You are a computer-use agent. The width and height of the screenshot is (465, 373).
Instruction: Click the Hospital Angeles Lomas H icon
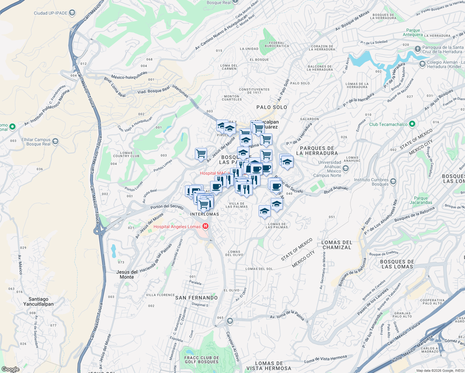205,226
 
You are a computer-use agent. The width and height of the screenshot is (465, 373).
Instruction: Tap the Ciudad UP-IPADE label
51,13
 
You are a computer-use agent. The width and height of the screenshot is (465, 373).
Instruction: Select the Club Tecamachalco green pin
412,124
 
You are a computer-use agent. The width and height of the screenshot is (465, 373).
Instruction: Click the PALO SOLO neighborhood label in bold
272,107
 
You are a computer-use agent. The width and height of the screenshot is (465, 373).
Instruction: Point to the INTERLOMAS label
205,214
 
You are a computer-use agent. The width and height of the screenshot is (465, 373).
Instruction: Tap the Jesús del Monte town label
127,274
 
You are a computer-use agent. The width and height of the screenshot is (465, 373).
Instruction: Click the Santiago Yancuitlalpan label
39,302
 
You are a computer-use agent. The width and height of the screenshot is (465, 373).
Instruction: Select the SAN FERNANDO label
196,298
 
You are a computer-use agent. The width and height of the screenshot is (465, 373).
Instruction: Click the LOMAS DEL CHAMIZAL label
337,245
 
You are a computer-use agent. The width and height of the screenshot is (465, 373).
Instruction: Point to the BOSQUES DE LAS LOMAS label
397,264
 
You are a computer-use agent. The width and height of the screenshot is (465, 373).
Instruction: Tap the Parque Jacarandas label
421,200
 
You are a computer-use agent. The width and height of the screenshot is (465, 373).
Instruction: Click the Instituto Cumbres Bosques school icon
393,182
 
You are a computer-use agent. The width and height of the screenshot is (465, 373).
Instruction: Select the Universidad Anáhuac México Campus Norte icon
346,168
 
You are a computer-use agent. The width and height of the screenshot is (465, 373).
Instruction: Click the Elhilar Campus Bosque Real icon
55,141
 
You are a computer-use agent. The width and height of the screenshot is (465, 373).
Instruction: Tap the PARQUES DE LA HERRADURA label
317,151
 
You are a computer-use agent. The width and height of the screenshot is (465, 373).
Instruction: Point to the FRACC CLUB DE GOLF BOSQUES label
202,360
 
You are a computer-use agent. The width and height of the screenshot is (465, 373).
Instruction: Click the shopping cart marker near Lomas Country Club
201,154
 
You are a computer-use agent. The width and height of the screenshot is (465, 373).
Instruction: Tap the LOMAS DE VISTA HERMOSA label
269,366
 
